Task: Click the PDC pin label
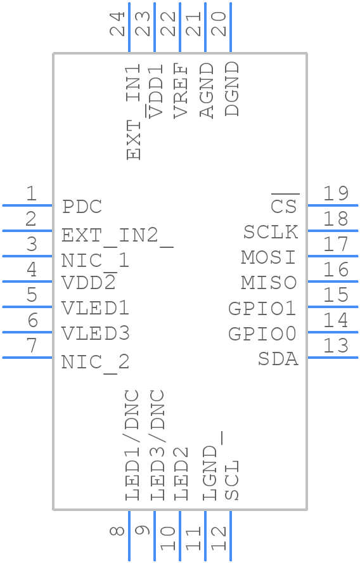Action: (82, 207)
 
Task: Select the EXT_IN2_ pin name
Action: (117, 236)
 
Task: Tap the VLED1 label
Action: (95, 308)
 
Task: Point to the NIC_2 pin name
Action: (95, 362)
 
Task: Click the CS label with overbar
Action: (284, 205)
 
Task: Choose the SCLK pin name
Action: (271, 232)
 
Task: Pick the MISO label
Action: (269, 282)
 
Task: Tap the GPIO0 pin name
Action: (262, 333)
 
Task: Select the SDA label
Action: (278, 359)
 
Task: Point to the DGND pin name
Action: (232, 89)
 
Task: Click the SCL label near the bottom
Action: (232, 480)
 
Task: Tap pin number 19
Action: (336, 194)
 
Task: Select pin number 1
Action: (30, 194)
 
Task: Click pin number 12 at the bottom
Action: (219, 538)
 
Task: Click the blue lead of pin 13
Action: (333, 358)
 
